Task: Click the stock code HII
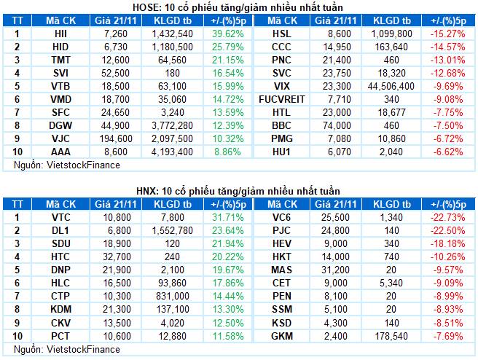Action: [60, 34]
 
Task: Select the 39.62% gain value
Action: [228, 34]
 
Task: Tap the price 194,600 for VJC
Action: [116, 138]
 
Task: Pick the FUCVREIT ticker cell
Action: [282, 99]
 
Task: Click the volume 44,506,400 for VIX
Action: [391, 86]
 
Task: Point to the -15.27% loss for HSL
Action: [448, 34]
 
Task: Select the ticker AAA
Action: [60, 152]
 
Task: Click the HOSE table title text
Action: [238, 7]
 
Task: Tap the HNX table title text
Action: [238, 191]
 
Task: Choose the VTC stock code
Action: [61, 218]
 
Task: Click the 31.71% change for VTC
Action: [228, 218]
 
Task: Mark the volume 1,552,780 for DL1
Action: [173, 231]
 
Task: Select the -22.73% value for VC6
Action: [448, 218]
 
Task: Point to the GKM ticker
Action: [282, 336]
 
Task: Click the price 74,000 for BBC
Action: [337, 125]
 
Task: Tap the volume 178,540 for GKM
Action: [391, 336]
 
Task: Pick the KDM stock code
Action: [61, 310]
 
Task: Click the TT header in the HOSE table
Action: [17, 20]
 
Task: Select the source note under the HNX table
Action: [67, 349]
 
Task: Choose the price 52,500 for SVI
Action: [116, 73]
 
